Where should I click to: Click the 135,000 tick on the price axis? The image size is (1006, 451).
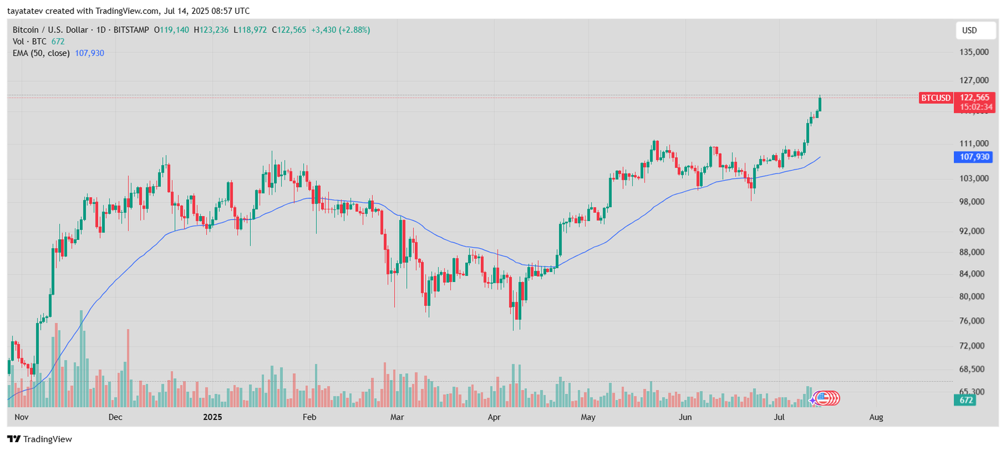click(x=973, y=52)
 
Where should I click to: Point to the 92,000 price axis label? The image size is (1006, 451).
click(x=971, y=231)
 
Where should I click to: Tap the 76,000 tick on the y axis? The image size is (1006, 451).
click(x=971, y=321)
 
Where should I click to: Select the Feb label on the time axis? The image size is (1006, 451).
click(x=309, y=417)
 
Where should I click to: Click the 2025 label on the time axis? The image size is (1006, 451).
click(x=213, y=417)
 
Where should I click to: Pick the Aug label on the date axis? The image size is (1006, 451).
click(x=876, y=417)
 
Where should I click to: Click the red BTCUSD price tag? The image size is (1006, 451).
click(x=936, y=98)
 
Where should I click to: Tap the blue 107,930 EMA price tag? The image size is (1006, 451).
click(x=974, y=157)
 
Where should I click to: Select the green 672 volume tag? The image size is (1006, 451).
click(x=966, y=400)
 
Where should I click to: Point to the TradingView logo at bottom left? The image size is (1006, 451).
click(x=40, y=439)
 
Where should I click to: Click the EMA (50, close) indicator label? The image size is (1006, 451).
click(x=41, y=53)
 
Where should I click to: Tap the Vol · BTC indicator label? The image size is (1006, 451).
click(x=30, y=41)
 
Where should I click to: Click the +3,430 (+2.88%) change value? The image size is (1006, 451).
click(x=340, y=30)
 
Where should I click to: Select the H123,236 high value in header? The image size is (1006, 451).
click(x=211, y=30)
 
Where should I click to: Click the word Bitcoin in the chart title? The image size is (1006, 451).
click(x=25, y=30)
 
